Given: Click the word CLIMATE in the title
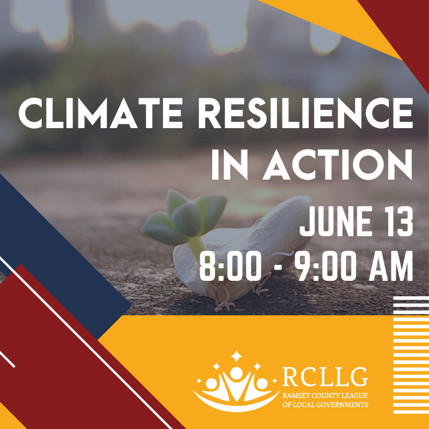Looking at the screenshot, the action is pos(101,113).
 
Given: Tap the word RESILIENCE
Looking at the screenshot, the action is pos(305,113).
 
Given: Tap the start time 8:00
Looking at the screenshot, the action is pos(230,266).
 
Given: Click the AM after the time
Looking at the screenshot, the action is pos(391,266).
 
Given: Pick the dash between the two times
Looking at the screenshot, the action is pos(279,268).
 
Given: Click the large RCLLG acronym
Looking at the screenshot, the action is pos(325,377).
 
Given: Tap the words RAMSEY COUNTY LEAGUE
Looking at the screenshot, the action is pos(325,396).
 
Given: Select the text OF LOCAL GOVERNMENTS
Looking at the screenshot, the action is pos(325,404).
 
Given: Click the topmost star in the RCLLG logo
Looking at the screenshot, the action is pos(236,356).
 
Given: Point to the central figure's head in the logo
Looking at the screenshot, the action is pos(236,373).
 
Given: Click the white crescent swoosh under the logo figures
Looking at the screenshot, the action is pos(236,404).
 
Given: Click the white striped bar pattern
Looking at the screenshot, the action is pos(411,355).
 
